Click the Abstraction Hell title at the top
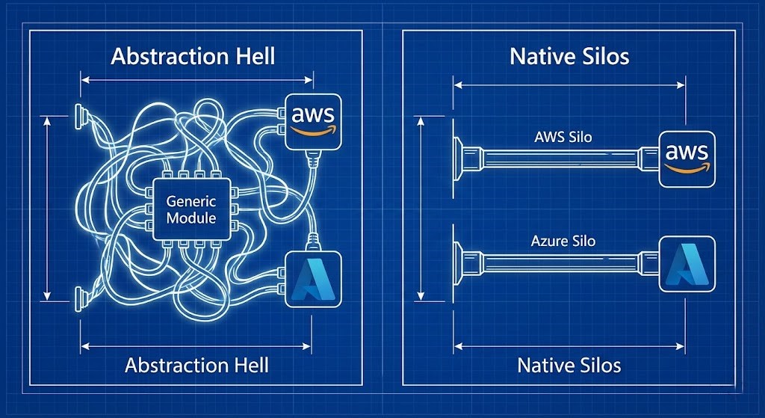193,57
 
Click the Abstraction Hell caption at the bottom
196,365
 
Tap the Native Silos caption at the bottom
569,365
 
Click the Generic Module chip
191,209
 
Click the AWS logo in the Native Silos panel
687,158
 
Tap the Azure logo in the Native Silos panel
687,265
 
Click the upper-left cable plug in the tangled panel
78,114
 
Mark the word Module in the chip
191,218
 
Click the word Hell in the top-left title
253,57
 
